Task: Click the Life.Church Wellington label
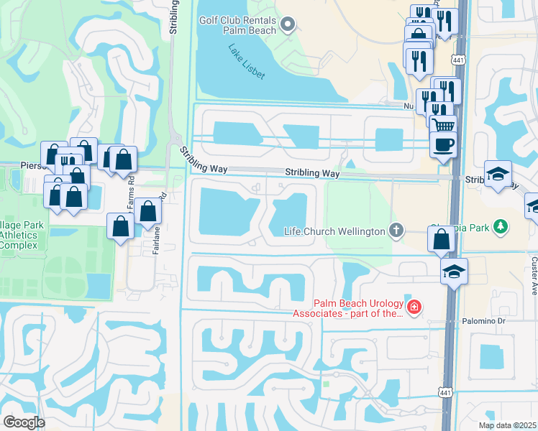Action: coord(334,231)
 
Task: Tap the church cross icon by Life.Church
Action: coord(395,231)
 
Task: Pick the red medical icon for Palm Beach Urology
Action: coord(414,308)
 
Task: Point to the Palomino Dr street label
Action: coord(486,320)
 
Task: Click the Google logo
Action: coord(24,422)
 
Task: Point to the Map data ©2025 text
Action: coord(508,425)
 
